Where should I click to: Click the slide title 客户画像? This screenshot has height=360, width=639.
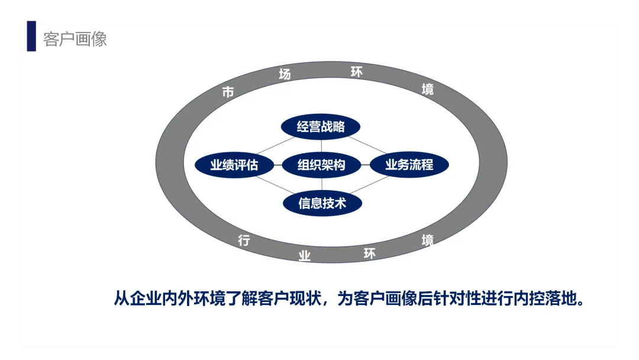[x=75, y=39]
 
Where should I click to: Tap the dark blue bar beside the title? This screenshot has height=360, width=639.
[x=31, y=36]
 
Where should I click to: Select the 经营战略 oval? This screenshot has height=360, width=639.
[x=321, y=127]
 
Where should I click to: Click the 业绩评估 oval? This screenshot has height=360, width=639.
[x=234, y=165]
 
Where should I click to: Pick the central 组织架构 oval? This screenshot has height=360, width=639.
[x=321, y=165]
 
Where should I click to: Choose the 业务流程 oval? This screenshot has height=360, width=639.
[x=409, y=165]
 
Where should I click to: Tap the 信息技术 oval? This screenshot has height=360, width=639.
[x=322, y=203]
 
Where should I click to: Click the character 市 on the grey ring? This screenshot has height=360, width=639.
[x=228, y=92]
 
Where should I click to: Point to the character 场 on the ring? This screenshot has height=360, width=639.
[x=285, y=75]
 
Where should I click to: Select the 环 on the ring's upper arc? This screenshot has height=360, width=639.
[x=357, y=72]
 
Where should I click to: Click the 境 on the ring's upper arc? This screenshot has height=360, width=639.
[x=427, y=89]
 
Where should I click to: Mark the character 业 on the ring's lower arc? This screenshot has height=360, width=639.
[x=304, y=256]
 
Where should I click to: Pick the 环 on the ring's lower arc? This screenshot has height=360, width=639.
[x=370, y=254]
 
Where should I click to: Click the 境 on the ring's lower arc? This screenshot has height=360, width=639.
[x=427, y=240]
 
